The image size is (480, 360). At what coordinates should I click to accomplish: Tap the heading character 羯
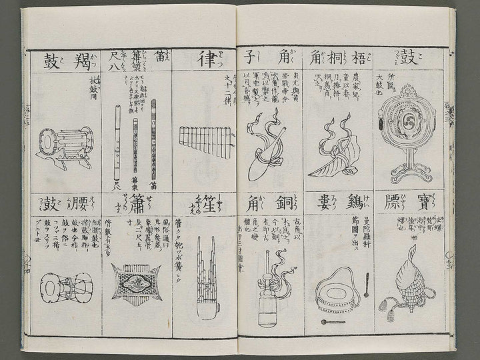(x=85, y=61)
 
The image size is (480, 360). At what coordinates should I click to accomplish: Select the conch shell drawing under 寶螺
(x=407, y=273)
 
